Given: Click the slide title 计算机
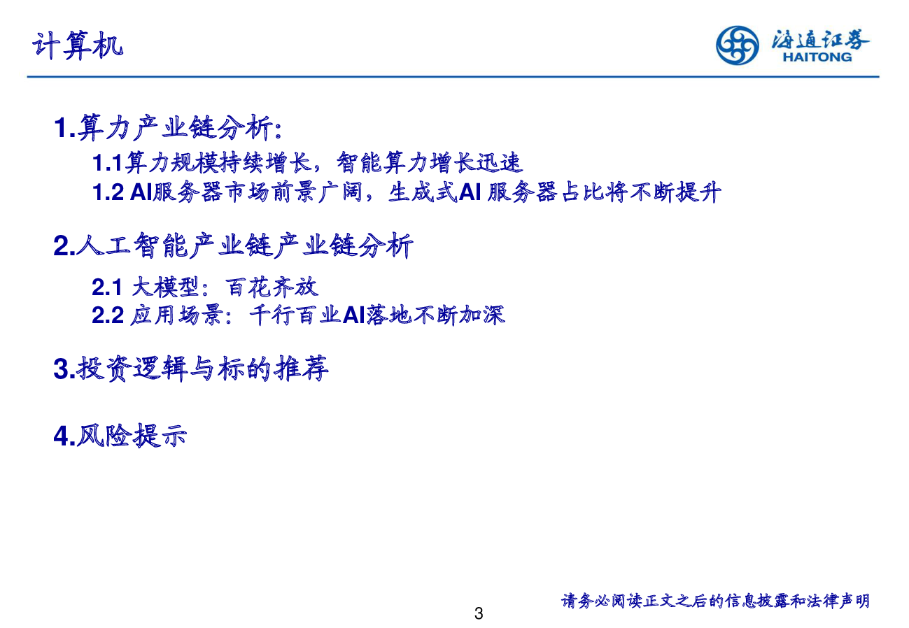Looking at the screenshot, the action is pos(78,45).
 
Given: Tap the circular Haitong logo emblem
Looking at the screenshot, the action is pos(737,45).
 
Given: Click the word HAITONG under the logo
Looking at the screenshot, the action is pos(817,57).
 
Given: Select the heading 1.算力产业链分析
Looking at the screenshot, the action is pos(168,128).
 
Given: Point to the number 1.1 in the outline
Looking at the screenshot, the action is pos(107,162).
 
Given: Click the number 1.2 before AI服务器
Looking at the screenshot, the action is pos(108,192).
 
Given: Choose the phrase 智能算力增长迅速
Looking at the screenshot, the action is pos(430,162).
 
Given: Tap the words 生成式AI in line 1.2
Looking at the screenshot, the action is pos(435,192).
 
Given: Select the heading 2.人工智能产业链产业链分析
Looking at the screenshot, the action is pos(233,245).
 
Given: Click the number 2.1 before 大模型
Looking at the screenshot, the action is pos(107,287).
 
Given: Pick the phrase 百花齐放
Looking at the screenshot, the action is pos(272,287).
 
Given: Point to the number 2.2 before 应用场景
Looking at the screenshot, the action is pos(108,315).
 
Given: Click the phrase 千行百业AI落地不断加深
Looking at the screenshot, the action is pos(377,315).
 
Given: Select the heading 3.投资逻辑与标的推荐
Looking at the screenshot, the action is pos(191,369).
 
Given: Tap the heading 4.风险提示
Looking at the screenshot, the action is pos(120,436).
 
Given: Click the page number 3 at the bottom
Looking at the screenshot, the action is pos(479,613).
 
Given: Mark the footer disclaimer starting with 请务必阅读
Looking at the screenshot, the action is pos(715,601).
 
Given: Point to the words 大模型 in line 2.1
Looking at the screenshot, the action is pos(164,287).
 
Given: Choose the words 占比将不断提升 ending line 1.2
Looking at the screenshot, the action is pos(642,192).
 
